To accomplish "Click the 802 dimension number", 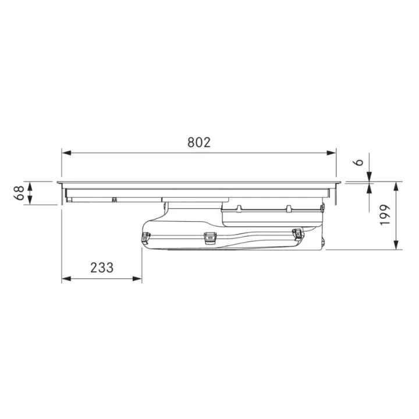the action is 199,143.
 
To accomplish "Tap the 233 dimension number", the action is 102,268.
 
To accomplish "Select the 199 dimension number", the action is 385,215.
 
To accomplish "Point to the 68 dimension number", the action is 19,193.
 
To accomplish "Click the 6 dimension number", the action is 360,162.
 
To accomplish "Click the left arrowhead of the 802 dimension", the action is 66,153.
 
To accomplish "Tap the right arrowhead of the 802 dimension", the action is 331,153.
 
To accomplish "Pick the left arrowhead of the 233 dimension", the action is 66,279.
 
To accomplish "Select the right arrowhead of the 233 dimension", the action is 137,279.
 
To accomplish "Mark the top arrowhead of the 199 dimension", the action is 396,186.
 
